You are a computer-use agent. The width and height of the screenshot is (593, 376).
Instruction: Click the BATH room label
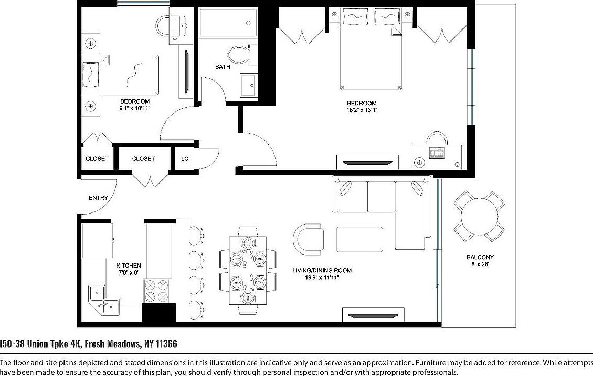point(223,67)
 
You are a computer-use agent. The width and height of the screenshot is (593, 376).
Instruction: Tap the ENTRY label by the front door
point(98,198)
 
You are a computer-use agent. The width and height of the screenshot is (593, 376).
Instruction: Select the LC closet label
point(185,158)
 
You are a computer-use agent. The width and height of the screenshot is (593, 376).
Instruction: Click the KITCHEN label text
point(128,266)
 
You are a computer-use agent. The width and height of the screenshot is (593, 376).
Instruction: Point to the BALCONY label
point(480,257)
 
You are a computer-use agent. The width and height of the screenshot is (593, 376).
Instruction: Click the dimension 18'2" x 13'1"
point(362,110)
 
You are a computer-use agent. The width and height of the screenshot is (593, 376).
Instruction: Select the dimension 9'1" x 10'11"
point(135,108)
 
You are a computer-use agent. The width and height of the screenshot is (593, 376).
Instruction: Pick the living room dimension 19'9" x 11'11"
point(322,278)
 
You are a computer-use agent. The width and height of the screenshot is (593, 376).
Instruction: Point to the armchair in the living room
point(309,239)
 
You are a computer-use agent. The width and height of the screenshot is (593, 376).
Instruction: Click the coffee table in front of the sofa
point(359,239)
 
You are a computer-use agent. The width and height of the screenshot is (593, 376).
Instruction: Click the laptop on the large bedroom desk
point(436,153)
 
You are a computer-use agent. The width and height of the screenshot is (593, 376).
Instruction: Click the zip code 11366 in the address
point(164,344)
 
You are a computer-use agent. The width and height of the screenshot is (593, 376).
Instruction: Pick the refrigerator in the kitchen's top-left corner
point(97,240)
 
